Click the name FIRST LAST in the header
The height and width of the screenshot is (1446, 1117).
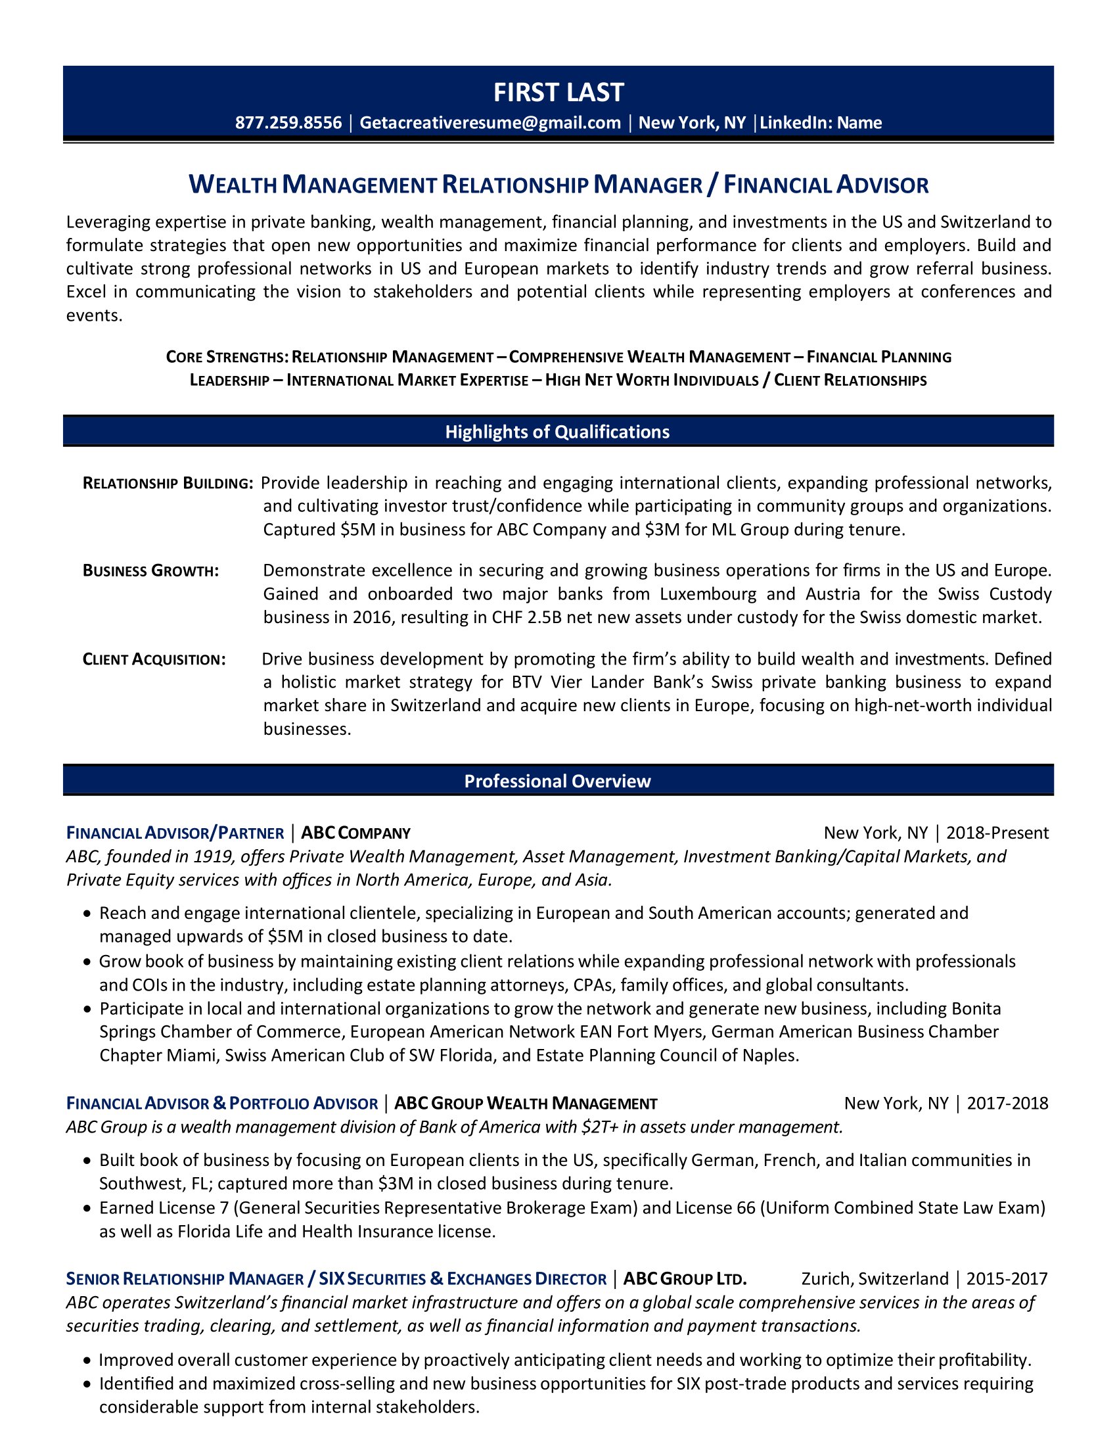[558, 93]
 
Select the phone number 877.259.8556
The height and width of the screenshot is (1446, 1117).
[288, 123]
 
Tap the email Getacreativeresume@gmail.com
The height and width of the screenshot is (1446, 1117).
[490, 123]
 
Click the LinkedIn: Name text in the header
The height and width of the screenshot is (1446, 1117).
[821, 123]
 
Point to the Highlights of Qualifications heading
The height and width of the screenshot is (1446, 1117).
[557, 432]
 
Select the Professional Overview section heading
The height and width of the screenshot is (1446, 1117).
[557, 781]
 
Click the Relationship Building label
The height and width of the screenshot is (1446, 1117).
[168, 483]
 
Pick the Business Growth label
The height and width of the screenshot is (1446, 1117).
[151, 571]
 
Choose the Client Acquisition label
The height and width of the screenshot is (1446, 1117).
[154, 659]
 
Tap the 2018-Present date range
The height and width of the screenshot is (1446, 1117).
[997, 833]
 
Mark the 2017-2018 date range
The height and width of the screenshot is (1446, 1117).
[1007, 1104]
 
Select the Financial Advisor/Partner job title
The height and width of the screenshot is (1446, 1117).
[175, 833]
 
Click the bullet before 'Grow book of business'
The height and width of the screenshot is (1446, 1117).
[87, 962]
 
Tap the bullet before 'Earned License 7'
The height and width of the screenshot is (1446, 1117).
[87, 1208]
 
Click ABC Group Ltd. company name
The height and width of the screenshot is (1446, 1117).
[685, 1278]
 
